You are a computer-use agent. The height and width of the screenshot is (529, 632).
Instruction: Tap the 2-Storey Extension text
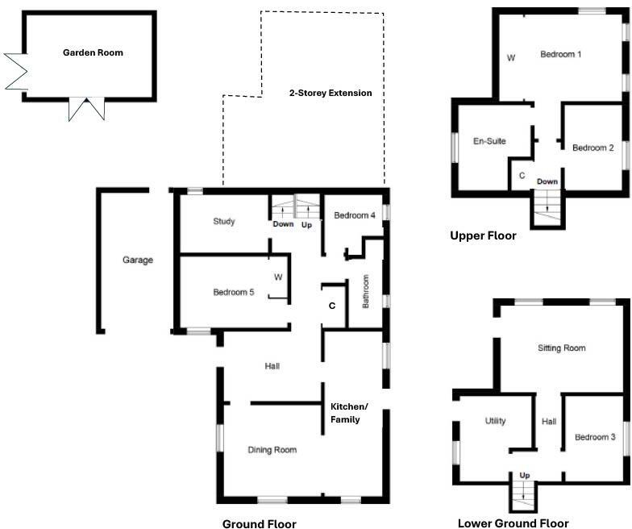(x=331, y=93)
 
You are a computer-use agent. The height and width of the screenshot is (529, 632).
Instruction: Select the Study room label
(x=224, y=222)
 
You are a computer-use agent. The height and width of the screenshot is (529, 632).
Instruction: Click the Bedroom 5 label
(x=234, y=292)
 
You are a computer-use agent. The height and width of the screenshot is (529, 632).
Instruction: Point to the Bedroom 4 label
(x=355, y=215)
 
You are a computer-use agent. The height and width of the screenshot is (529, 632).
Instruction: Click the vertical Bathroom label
(x=365, y=292)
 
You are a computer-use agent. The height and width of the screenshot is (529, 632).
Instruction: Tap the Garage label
(x=138, y=260)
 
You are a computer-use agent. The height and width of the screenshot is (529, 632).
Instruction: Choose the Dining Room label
(x=272, y=450)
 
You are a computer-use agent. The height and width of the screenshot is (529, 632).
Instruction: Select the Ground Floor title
(x=259, y=523)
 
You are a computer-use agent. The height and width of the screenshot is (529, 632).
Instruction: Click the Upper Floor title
(x=483, y=236)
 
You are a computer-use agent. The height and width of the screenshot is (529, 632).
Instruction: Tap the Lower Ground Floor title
(x=513, y=523)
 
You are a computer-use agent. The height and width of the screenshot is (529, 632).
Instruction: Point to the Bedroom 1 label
(x=561, y=54)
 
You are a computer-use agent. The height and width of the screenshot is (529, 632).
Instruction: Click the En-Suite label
(x=489, y=141)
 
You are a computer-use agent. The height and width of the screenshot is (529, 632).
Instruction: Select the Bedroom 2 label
(x=593, y=148)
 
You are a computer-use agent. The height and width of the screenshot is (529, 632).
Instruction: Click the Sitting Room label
(x=561, y=348)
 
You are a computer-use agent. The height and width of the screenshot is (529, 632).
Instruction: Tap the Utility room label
(x=495, y=421)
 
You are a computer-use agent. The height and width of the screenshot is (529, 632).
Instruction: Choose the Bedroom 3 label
(x=595, y=437)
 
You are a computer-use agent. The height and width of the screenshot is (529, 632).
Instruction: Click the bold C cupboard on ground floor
(x=331, y=306)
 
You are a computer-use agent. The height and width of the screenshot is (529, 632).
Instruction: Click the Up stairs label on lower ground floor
(x=524, y=475)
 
